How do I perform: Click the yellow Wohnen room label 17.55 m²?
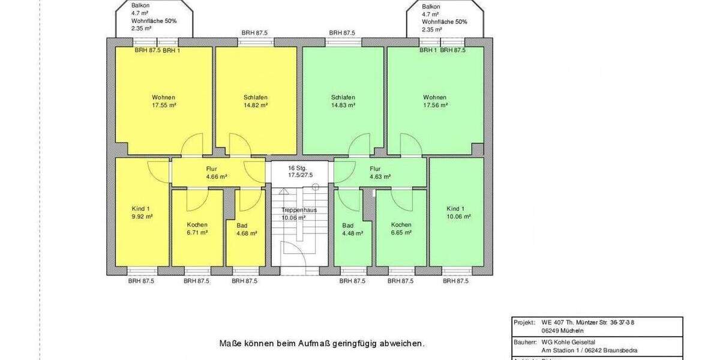(164, 101)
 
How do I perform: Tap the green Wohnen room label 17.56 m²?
(434, 101)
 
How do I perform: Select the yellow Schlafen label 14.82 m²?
(256, 101)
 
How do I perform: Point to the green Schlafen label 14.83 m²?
(343, 101)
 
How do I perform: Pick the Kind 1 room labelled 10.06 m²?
(458, 212)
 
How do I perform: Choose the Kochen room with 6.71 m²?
(197, 229)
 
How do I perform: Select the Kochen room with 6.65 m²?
(401, 229)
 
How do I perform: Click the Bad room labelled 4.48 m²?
(352, 229)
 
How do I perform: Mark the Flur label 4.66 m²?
(216, 173)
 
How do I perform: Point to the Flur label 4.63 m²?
(380, 173)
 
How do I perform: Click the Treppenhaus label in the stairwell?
(299, 210)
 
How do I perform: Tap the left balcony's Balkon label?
(140, 5)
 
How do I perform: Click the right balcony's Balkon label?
(431, 5)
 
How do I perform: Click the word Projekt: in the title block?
(524, 322)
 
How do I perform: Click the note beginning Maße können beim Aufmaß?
(322, 344)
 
